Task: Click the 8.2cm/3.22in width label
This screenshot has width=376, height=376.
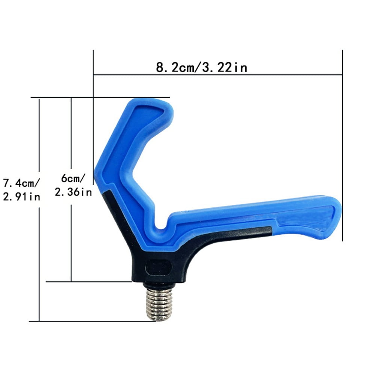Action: point(201,68)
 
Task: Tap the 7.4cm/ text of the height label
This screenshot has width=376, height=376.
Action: point(21,184)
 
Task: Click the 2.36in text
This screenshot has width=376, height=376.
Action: point(74,192)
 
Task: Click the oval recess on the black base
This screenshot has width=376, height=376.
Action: point(158,267)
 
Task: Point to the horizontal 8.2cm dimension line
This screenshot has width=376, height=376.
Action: point(218,75)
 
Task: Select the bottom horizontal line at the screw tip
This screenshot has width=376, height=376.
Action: point(94,321)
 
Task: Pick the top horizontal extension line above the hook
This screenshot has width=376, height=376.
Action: point(101,98)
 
